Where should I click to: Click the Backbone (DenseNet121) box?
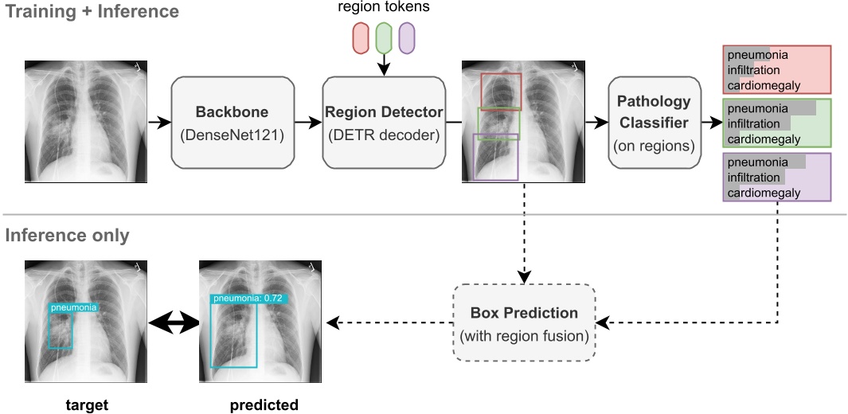pyautogui.click(x=227, y=123)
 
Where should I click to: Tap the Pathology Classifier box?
pyautogui.click(x=655, y=123)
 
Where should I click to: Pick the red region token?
pyautogui.click(x=361, y=38)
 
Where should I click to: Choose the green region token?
pyautogui.click(x=383, y=38)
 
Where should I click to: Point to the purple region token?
pyautogui.click(x=406, y=38)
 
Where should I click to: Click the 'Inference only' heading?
pyautogui.click(x=67, y=236)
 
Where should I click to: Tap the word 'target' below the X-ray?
pyautogui.click(x=86, y=405)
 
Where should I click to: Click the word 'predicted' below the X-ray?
pyautogui.click(x=264, y=405)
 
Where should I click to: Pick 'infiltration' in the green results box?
pyautogui.click(x=754, y=124)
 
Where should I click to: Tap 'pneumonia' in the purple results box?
pyautogui.click(x=758, y=162)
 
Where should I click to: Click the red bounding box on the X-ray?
pyautogui.click(x=501, y=90)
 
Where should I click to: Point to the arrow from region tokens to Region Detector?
pyautogui.click(x=383, y=65)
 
